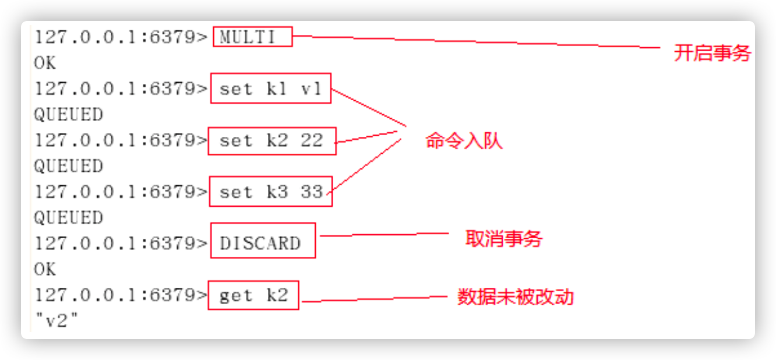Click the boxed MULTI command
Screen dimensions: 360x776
coord(252,37)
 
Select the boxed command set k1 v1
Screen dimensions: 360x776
coord(270,89)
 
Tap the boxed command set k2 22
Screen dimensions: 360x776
coord(272,140)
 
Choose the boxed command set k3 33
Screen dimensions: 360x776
coord(270,192)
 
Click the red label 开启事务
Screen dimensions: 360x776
coord(712,53)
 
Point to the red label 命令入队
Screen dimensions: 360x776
coord(464,141)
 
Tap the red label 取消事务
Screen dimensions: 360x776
coord(503,238)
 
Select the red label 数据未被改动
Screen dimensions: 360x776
coord(516,297)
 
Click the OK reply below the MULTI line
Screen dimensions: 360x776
coord(45,63)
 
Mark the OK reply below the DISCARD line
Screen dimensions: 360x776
coord(45,269)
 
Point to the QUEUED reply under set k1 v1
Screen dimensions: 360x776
coord(68,115)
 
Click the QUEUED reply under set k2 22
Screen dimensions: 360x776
coord(68,166)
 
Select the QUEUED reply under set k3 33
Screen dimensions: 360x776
coord(68,218)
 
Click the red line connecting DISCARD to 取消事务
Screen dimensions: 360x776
coord(385,235)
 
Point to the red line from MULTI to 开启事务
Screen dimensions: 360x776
coord(478,43)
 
